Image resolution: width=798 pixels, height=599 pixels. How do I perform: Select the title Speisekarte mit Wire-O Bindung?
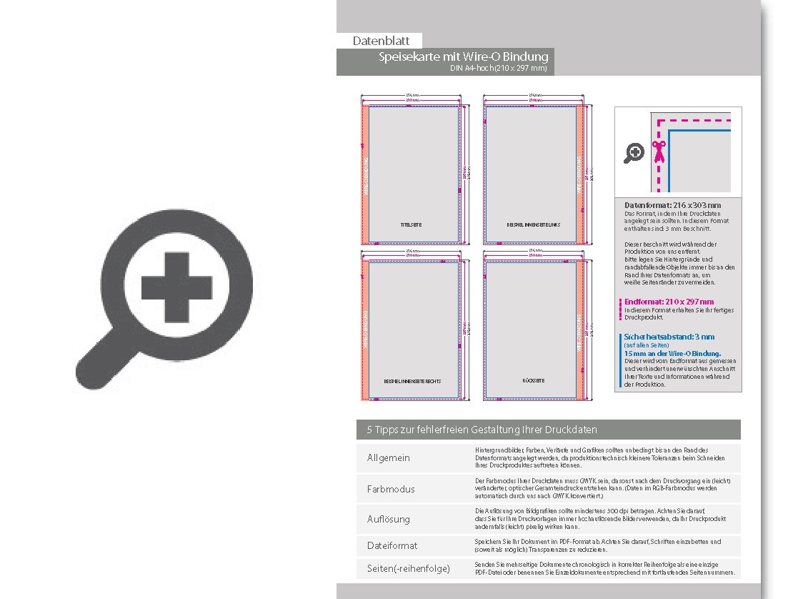tap(464, 56)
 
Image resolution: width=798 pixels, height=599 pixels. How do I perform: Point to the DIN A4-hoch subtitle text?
tap(498, 69)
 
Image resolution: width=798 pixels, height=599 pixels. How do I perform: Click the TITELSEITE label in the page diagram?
tap(412, 225)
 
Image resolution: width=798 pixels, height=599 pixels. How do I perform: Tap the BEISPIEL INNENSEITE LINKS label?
tap(533, 225)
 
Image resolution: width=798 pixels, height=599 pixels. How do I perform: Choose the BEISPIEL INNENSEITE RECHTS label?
tap(412, 381)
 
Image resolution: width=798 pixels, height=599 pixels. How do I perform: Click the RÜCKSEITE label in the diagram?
tap(533, 380)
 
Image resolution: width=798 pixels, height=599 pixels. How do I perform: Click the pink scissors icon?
tap(658, 151)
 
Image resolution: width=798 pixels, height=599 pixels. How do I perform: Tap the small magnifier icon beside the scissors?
tap(634, 152)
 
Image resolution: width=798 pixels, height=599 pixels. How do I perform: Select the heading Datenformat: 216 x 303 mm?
tap(672, 206)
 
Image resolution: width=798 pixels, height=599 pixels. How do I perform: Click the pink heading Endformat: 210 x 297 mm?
tap(669, 302)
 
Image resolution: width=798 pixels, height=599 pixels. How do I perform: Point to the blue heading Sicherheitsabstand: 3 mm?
tap(669, 337)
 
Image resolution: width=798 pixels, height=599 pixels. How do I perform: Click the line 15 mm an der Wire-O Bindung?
tap(672, 353)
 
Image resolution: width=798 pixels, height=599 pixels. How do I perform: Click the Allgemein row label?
tap(389, 458)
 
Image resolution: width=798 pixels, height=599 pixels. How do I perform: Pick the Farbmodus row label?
tap(391, 489)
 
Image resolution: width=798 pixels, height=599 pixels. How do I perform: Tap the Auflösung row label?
tap(389, 519)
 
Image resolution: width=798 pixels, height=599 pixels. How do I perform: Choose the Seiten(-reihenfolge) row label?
tap(409, 569)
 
